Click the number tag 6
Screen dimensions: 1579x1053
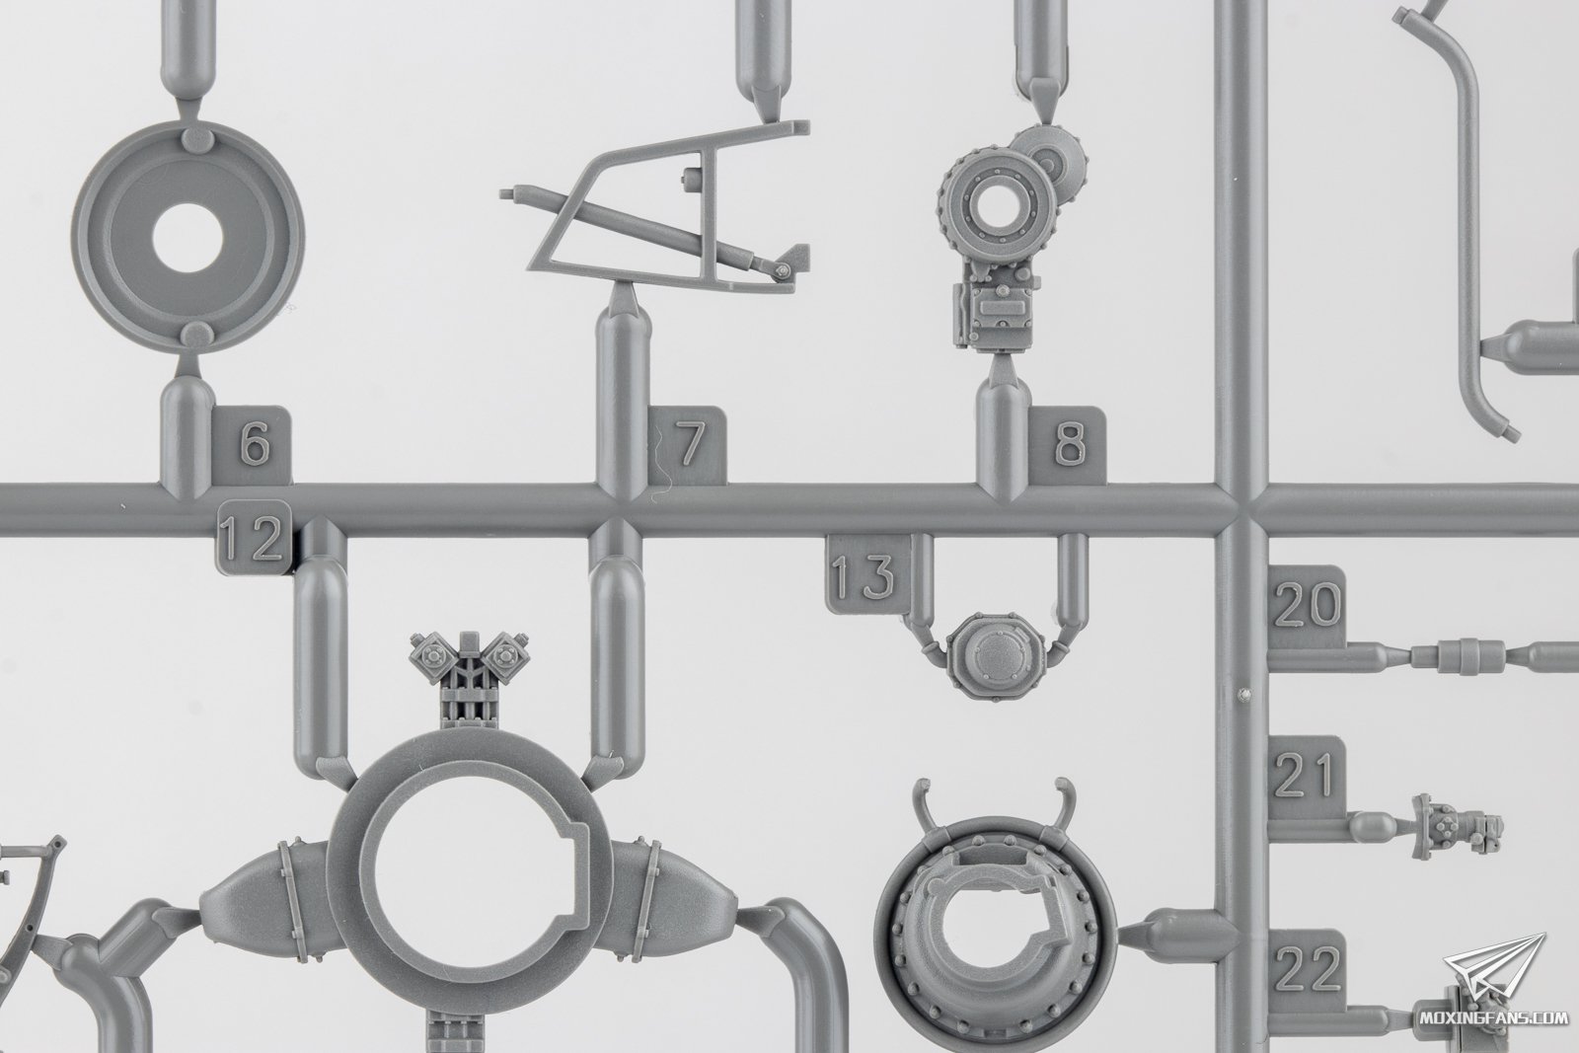[x=252, y=444]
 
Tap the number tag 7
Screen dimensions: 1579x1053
[x=687, y=444]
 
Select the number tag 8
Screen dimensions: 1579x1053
[x=1067, y=444]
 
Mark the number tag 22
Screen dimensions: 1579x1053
[x=1307, y=970]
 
